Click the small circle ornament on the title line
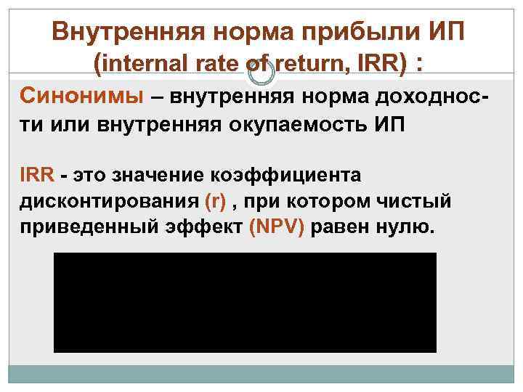pyautogui.click(x=259, y=72)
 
